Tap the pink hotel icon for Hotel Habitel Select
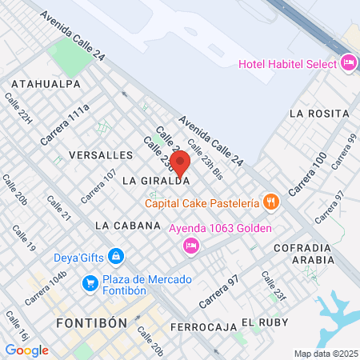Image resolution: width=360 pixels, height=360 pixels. pyautogui.click(x=348, y=62)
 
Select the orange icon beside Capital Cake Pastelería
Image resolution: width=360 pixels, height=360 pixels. pyautogui.click(x=271, y=202)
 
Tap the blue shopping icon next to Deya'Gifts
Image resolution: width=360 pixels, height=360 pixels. pyautogui.click(x=117, y=256)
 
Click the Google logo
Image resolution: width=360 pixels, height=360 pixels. pyautogui.click(x=26, y=350)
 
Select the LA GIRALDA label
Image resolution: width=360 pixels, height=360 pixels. pyautogui.click(x=155, y=182)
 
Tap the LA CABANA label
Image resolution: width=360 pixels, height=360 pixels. pyautogui.click(x=128, y=226)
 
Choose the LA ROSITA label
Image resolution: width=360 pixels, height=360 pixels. pyautogui.click(x=318, y=113)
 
